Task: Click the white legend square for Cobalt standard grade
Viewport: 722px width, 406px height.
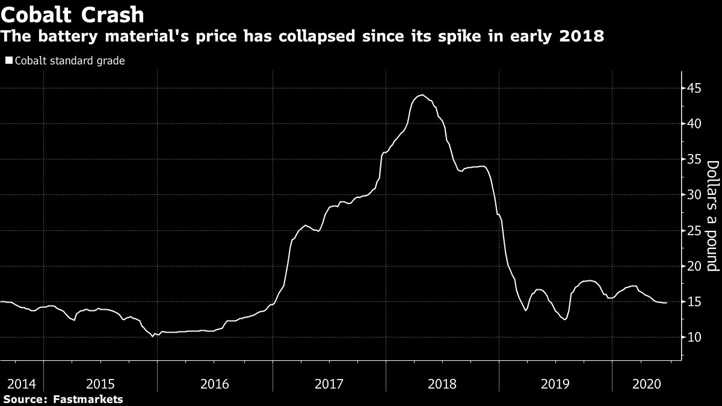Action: click(8, 60)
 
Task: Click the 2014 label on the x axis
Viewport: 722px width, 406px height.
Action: click(20, 383)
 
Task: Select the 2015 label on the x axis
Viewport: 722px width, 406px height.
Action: click(100, 383)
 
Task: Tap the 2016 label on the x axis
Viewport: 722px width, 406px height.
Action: click(214, 383)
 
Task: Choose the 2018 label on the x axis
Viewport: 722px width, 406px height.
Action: click(443, 383)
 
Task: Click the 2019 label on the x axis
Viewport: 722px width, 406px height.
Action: click(556, 383)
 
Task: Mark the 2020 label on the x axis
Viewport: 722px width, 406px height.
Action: click(647, 383)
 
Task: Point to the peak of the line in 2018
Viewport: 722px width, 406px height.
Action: click(422, 95)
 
